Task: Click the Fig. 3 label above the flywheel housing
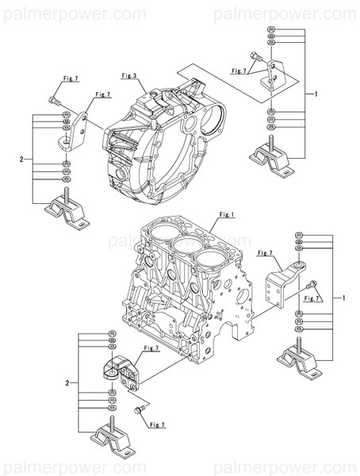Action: click(x=130, y=75)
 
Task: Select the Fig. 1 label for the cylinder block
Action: click(x=225, y=214)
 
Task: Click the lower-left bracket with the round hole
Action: click(x=117, y=374)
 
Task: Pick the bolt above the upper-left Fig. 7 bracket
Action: click(x=54, y=99)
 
